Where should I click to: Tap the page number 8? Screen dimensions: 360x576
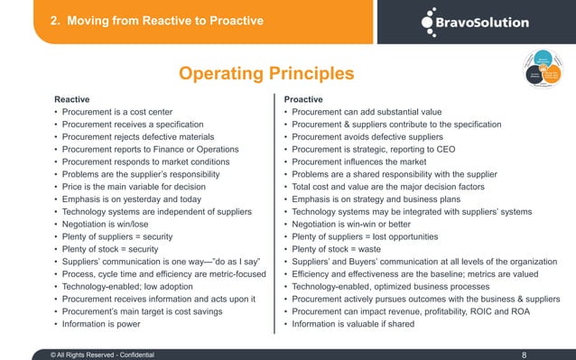(x=525, y=343)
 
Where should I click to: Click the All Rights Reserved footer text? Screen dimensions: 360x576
(x=103, y=343)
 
